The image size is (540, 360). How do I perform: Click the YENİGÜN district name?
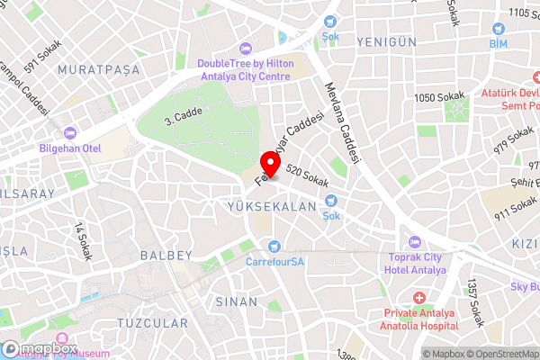pyautogui.click(x=388, y=42)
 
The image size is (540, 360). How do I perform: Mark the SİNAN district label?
pyautogui.click(x=237, y=301)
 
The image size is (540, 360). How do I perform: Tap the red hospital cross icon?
pyautogui.click(x=418, y=298)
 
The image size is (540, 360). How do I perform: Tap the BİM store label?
pyautogui.click(x=499, y=43)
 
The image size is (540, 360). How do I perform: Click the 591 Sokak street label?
pyautogui.click(x=41, y=60)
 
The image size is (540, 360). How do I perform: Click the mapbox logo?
pyautogui.click(x=40, y=348)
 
